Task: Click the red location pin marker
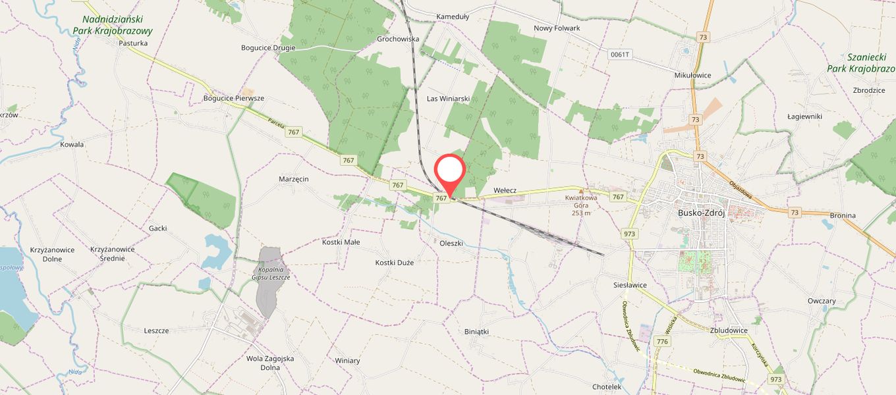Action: coord(450,172)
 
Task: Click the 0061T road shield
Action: coord(621,55)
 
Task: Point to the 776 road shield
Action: coord(662,342)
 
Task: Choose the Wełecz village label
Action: coord(505,190)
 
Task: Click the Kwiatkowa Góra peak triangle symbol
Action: coord(581,191)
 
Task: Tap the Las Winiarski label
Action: coord(448,99)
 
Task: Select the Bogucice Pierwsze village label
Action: coord(233,98)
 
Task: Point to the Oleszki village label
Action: coord(451,243)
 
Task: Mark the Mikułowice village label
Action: coord(692,75)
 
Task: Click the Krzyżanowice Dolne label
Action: coord(52,254)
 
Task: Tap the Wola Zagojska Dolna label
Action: coord(269,363)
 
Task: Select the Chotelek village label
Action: coord(607,386)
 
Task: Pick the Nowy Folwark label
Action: coord(557,28)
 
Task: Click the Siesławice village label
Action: coord(630,285)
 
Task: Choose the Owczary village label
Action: coord(822,301)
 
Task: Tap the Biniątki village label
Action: coord(476,332)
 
